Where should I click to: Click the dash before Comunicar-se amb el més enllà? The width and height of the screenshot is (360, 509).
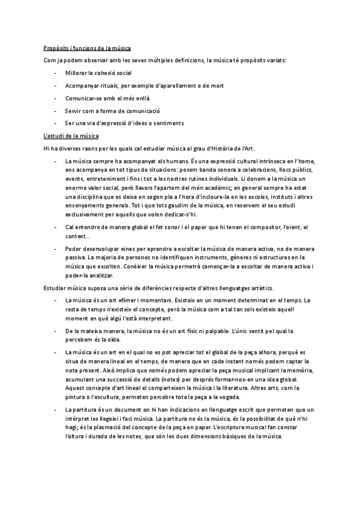pos(54,98)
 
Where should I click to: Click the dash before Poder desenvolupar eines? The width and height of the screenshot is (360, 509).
pos(54,247)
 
